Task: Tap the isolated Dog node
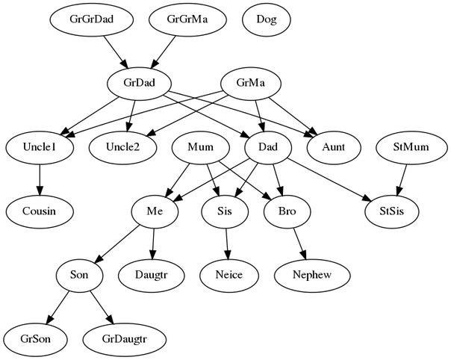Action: point(266,20)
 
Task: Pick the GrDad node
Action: point(139,84)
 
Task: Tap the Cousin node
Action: point(40,211)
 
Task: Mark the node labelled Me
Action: point(155,211)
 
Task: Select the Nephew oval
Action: point(312,275)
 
